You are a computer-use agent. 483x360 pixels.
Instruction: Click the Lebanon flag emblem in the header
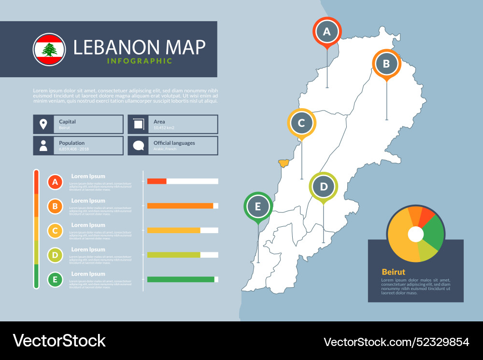point(49,50)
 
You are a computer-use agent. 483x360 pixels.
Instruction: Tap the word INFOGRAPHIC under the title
point(139,61)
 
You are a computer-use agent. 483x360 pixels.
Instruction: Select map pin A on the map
point(327,32)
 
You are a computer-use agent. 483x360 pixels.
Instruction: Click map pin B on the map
point(386,64)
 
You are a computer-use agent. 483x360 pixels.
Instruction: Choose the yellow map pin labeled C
point(301,123)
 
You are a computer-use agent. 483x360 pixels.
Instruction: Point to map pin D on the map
point(324,186)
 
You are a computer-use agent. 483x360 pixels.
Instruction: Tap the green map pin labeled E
point(258,207)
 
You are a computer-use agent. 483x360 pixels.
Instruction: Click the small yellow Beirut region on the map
point(284,163)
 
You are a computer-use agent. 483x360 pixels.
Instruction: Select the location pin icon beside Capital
point(43,124)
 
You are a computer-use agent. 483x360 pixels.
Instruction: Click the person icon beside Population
point(43,145)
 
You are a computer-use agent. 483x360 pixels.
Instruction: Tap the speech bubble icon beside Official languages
point(139,145)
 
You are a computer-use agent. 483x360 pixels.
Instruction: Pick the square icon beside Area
point(139,124)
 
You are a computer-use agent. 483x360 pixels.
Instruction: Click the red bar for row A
point(156,181)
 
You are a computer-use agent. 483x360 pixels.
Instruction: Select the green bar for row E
point(181,279)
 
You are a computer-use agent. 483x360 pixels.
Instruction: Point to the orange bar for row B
point(180,206)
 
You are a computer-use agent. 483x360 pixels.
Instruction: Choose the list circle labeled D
point(55,255)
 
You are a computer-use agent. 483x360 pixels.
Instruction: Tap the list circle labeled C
point(55,231)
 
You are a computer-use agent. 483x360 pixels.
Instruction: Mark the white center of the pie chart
point(415,235)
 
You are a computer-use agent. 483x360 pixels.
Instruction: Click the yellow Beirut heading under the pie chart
point(393,272)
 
